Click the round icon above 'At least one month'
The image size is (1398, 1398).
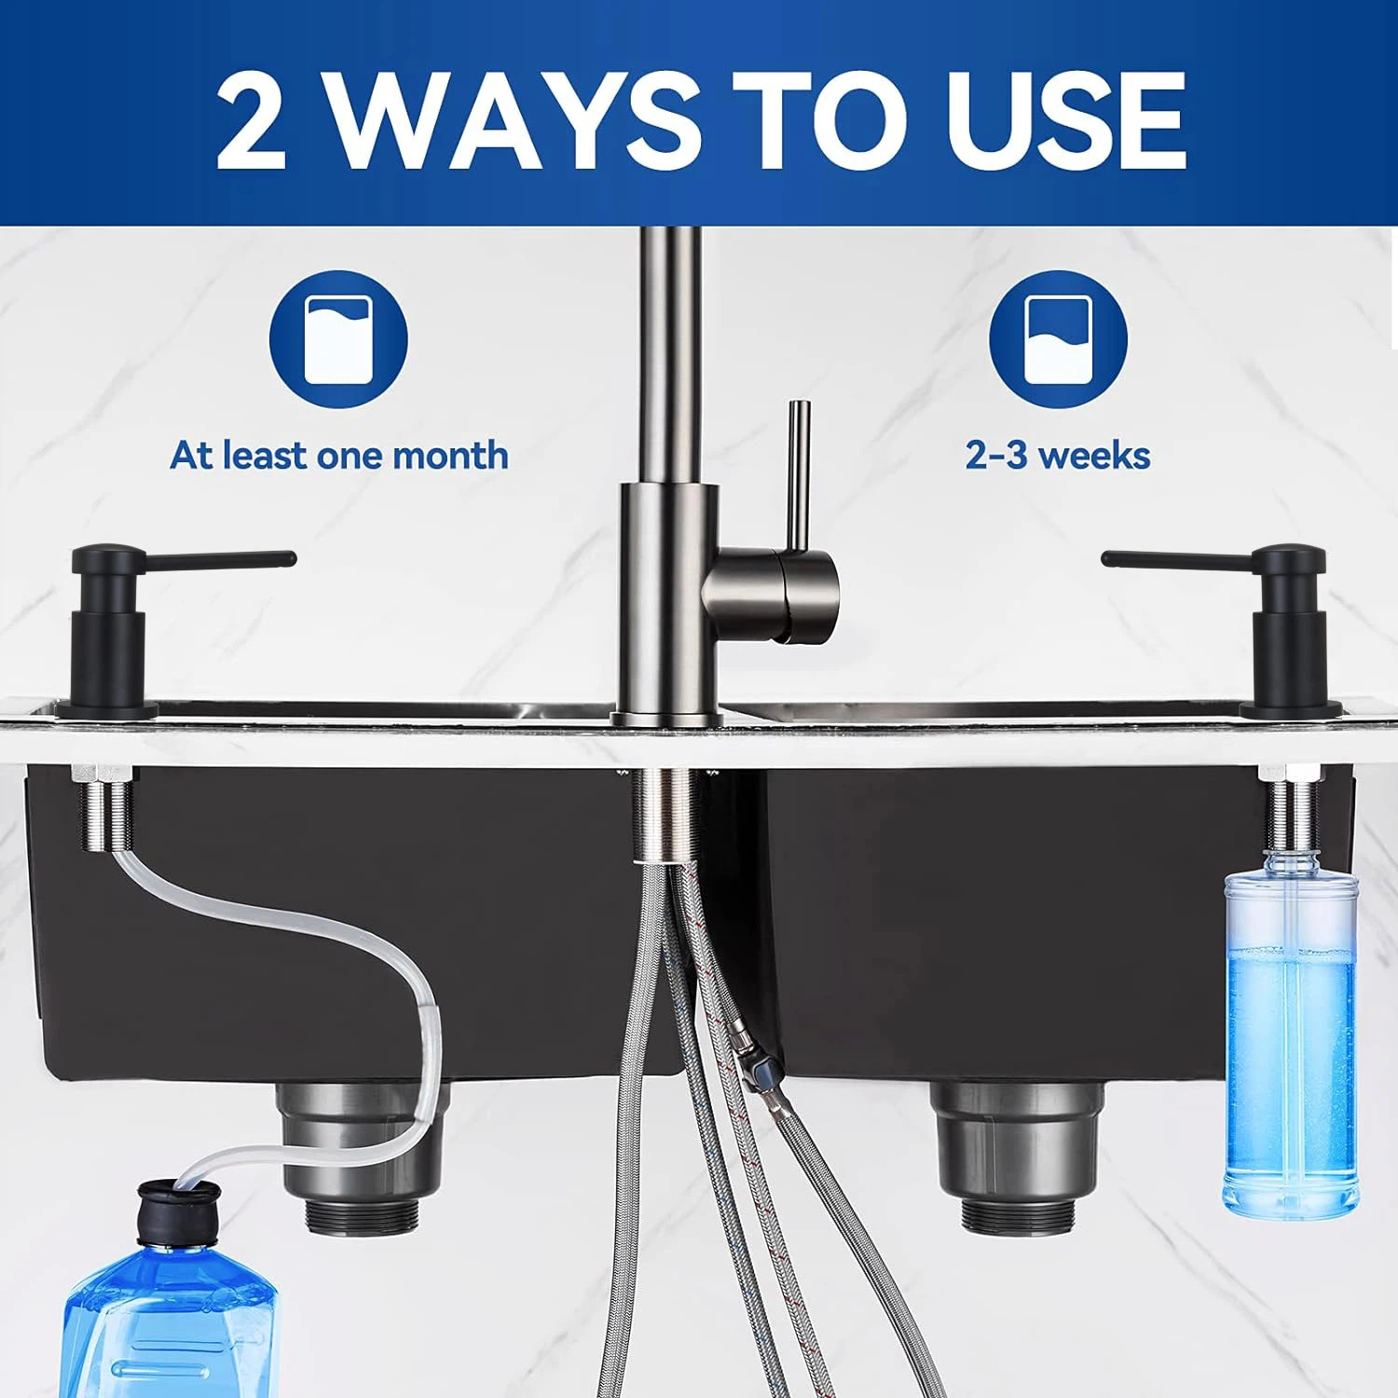338,339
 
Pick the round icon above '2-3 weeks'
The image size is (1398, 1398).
1058,339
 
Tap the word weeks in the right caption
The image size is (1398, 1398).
1093,456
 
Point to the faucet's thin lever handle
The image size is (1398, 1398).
798,475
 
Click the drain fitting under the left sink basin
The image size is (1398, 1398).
360,1157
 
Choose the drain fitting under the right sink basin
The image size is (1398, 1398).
1020,1157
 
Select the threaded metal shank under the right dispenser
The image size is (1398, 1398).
1290,807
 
